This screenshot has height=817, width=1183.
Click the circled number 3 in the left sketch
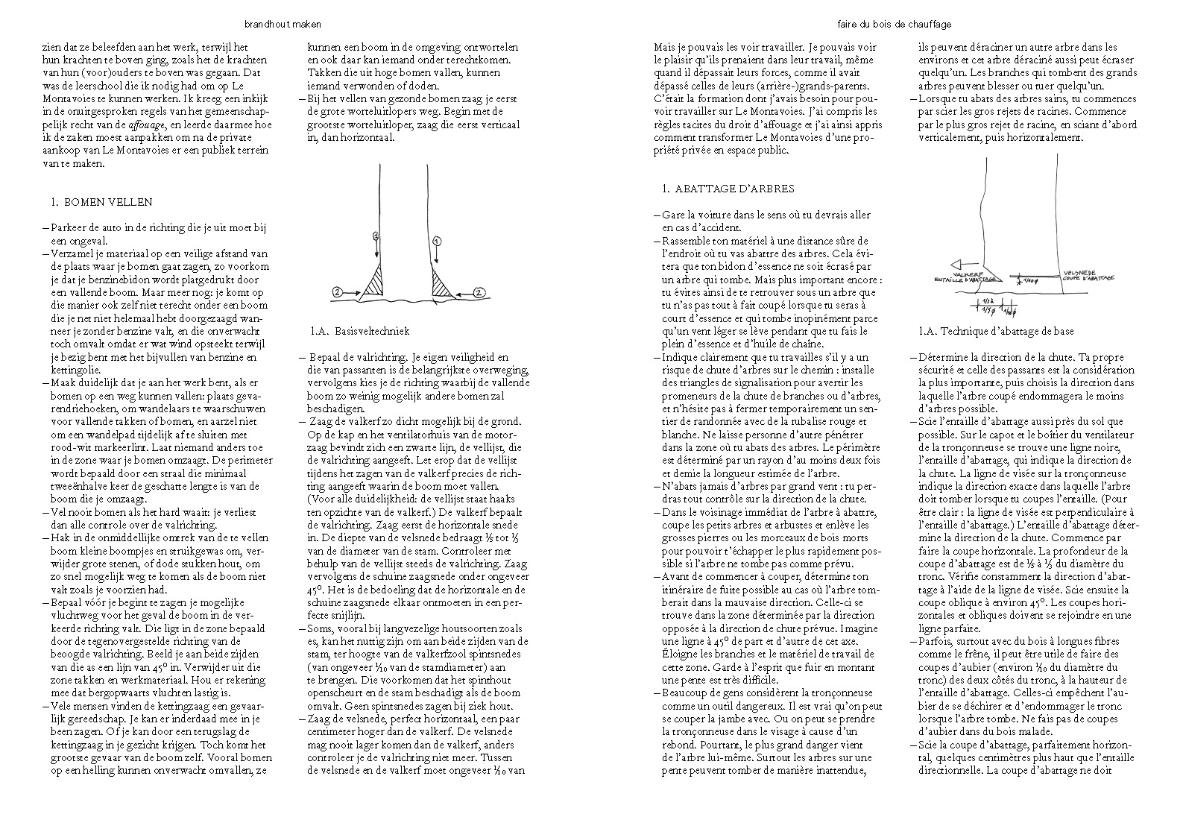[x=377, y=236]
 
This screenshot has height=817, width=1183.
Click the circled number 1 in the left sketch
[x=437, y=241]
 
